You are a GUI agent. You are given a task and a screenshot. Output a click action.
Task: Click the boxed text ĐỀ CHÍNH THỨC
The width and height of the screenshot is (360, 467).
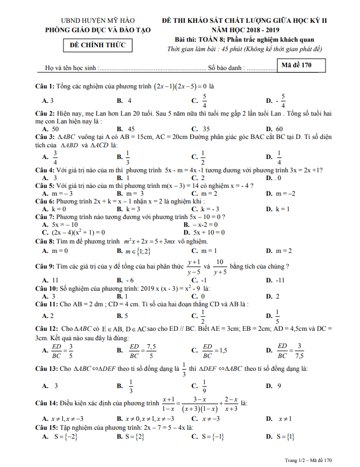click(97, 45)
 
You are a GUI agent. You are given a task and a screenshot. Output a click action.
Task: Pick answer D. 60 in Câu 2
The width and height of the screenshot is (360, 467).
click(275, 128)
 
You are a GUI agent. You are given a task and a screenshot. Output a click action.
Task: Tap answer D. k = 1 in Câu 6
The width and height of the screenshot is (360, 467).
click(278, 208)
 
